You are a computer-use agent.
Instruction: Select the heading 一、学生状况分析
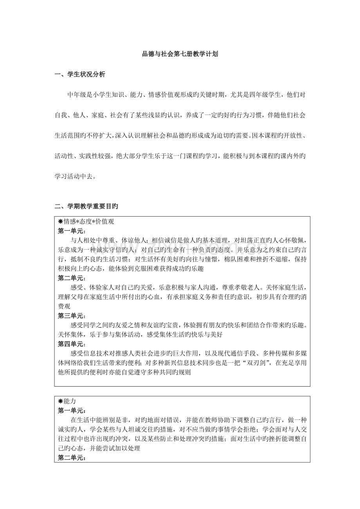pyautogui.click(x=79, y=74)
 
